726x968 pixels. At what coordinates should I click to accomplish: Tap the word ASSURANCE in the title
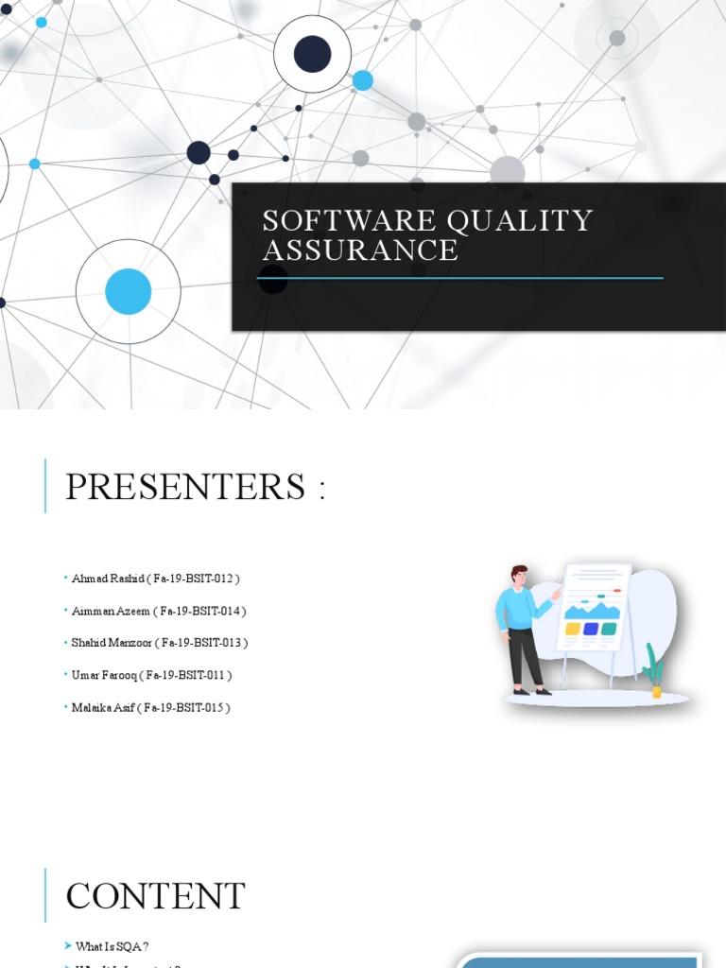pos(360,251)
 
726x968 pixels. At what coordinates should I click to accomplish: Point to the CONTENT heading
pos(155,896)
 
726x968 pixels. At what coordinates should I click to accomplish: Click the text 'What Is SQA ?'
pos(112,946)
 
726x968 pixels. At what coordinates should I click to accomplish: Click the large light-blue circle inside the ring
pos(129,291)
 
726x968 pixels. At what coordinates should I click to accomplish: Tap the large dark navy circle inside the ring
pos(313,54)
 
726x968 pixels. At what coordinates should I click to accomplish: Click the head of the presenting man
pos(519,576)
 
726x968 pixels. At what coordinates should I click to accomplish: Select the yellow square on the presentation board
pos(572,629)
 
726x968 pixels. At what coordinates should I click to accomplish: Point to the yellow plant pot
pos(656,691)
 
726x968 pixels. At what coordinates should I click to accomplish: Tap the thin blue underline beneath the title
pos(460,278)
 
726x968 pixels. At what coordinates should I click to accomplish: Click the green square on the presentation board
pos(609,629)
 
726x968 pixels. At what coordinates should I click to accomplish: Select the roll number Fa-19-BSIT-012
pos(199,578)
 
